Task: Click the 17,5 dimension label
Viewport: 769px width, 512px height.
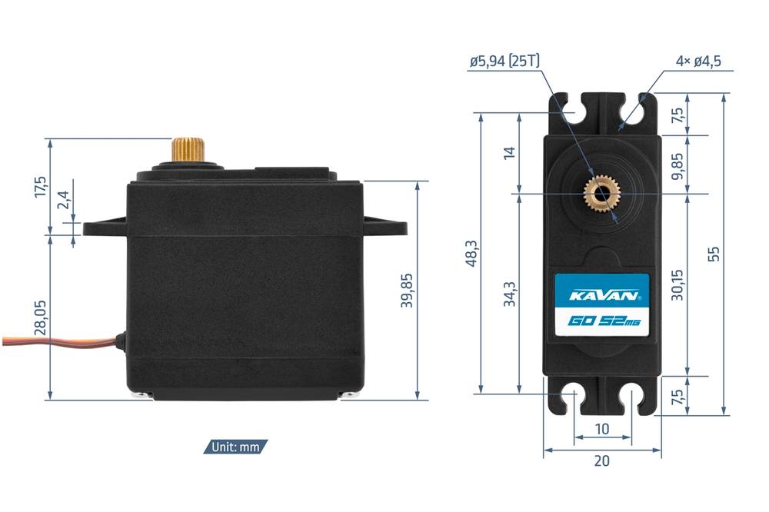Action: click(41, 187)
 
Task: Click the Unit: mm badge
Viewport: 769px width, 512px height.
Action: click(236, 447)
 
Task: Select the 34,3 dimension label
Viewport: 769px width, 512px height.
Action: click(509, 294)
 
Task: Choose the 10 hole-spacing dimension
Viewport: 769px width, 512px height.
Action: click(602, 428)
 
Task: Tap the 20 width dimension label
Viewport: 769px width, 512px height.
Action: click(602, 461)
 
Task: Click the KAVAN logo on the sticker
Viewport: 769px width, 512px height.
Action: click(603, 295)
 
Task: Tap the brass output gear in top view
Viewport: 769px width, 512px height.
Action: click(602, 194)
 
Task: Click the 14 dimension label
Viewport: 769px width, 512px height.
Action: click(509, 152)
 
